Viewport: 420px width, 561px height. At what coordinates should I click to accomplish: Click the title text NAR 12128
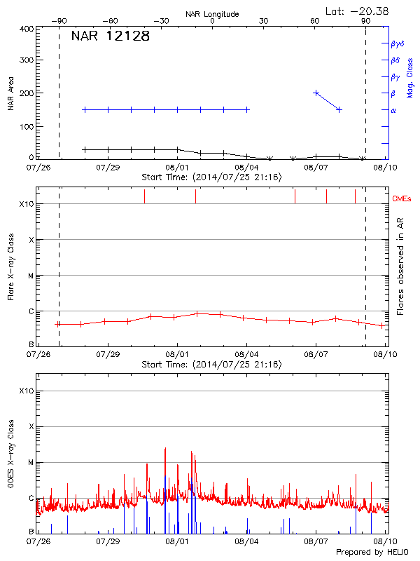pyautogui.click(x=111, y=36)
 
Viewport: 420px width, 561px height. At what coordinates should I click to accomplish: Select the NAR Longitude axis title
pyautogui.click(x=212, y=14)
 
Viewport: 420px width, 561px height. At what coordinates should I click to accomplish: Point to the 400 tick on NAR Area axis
pyautogui.click(x=27, y=29)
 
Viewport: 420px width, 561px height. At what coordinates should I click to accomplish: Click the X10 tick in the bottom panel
pyautogui.click(x=26, y=391)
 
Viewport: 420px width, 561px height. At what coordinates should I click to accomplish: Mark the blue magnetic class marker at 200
pyautogui.click(x=316, y=93)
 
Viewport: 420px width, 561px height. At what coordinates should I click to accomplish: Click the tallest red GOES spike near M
pyautogui.click(x=165, y=449)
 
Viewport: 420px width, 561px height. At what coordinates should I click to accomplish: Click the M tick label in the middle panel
pyautogui.click(x=30, y=276)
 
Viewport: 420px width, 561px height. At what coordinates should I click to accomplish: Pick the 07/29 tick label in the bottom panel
pyautogui.click(x=108, y=541)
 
